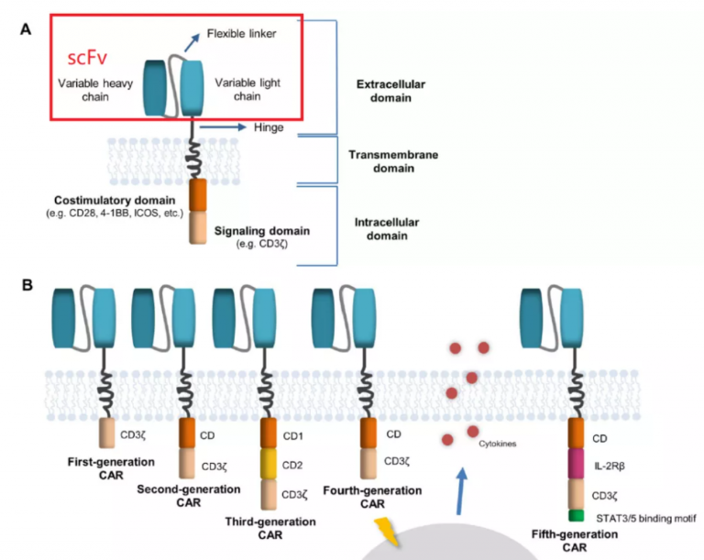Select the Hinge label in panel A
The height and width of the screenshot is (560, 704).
269,128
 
